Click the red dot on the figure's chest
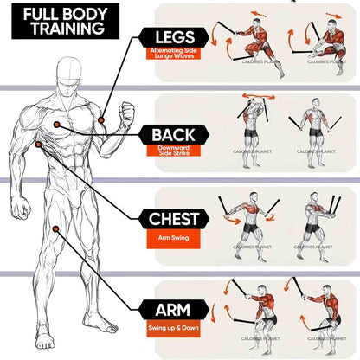(x=58, y=125)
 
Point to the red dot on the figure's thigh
(x=55, y=229)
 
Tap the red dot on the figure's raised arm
(x=102, y=119)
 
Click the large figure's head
(x=74, y=79)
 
